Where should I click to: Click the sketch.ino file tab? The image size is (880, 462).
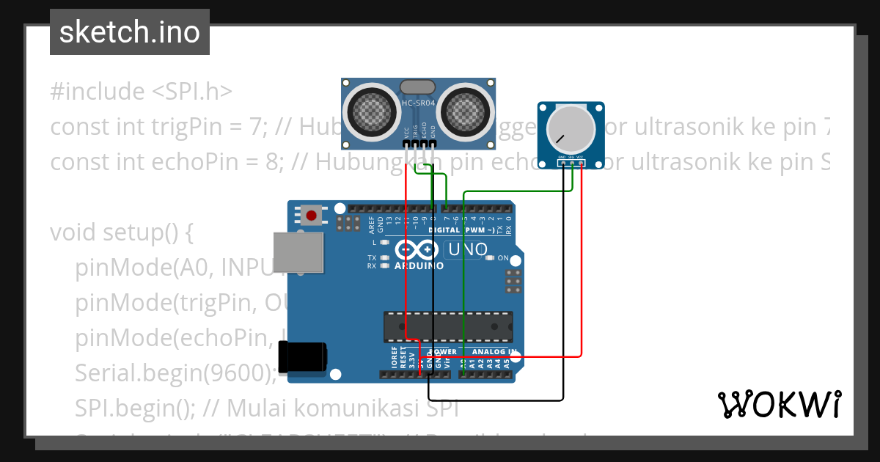(x=130, y=32)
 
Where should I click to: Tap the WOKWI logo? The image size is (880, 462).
(x=779, y=404)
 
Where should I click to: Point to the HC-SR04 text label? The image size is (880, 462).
(x=419, y=103)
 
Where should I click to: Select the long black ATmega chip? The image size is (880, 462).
(x=448, y=326)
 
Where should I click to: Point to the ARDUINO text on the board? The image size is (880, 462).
(x=419, y=265)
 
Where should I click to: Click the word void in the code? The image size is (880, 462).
(x=74, y=232)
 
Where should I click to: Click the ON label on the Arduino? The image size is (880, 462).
(x=503, y=258)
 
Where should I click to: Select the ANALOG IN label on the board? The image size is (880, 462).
(x=493, y=352)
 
